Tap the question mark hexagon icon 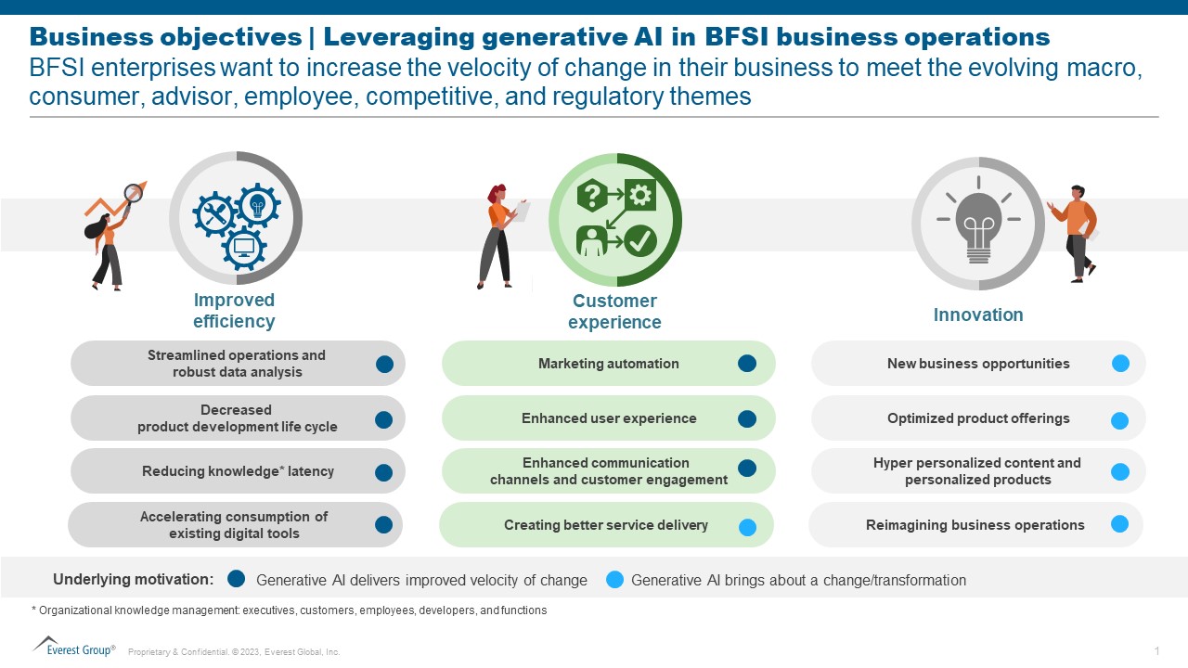pos(592,196)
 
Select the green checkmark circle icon pos(639,241)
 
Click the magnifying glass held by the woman pos(134,193)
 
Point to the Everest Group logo pos(73,646)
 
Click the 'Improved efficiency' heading pos(234,311)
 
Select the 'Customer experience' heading pos(614,312)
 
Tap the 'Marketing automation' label pos(608,364)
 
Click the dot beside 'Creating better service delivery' pos(747,527)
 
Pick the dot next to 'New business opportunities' pos(1120,364)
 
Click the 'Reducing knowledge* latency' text pos(238,471)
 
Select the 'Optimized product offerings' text pos(978,418)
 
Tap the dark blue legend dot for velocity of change pos(236,579)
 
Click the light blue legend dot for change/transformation pos(614,579)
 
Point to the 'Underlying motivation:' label pos(133,579)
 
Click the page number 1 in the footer pos(1156,650)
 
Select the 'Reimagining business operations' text pos(975,525)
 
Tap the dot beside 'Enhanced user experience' pos(747,419)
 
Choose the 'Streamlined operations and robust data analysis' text pos(237,364)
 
